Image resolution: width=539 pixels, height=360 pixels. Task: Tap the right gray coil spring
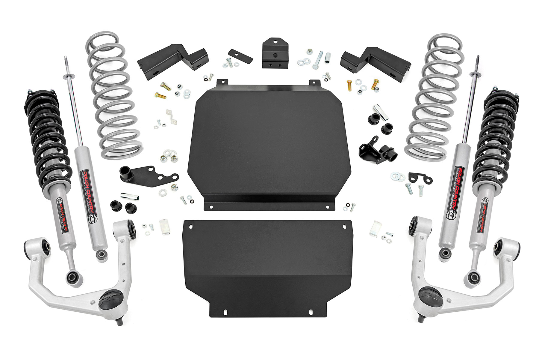coord(428,96)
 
